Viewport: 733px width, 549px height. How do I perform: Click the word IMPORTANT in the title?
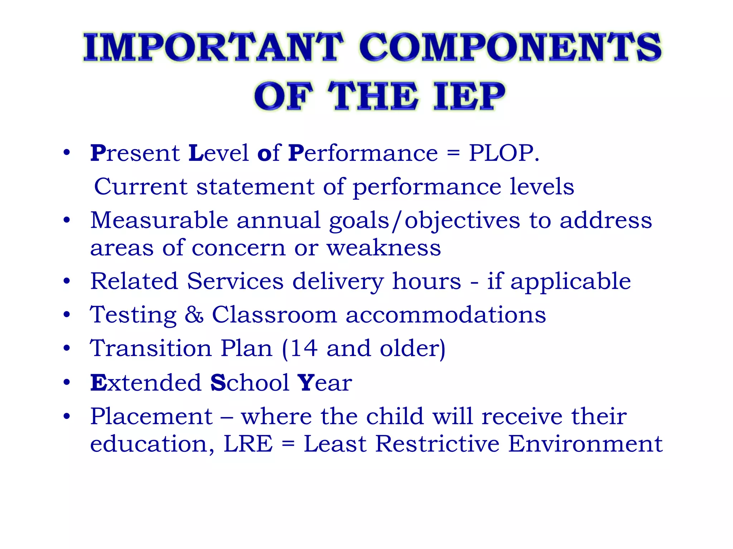pos(213,47)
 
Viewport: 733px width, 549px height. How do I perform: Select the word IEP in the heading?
pos(469,96)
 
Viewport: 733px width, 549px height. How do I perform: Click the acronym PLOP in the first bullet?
pos(501,153)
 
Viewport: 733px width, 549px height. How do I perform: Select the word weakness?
pos(384,248)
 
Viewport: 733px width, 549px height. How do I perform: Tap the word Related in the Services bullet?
pos(134,281)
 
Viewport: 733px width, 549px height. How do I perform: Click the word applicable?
pos(571,282)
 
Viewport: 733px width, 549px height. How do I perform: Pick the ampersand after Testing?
pos(194,315)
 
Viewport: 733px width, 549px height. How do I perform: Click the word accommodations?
pos(446,315)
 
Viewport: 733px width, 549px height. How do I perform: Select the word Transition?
pos(151,348)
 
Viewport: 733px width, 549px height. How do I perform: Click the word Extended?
pos(146,382)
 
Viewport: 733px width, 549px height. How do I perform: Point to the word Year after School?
pos(325,382)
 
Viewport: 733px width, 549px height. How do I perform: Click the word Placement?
pos(152,416)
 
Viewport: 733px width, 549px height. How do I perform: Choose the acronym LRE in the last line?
pos(248,444)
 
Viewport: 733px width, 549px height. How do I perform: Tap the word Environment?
pos(585,444)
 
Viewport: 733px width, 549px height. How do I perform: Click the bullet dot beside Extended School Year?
pos(67,382)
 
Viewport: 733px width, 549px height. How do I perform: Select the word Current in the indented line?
pos(141,187)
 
